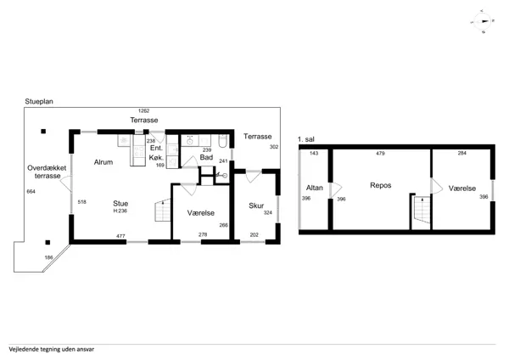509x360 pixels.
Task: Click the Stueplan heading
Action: click(39, 101)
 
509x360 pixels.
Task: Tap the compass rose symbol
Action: click(482, 21)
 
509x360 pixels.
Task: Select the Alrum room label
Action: click(103, 162)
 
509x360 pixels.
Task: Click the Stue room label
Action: click(120, 204)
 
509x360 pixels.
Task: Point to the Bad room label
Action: click(206, 157)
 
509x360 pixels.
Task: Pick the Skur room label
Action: click(256, 205)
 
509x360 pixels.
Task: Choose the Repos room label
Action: click(380, 185)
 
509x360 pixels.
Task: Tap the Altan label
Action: click(314, 188)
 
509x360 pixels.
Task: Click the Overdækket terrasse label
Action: click(47, 172)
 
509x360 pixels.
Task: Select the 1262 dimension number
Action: click(144, 110)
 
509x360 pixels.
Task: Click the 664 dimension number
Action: click(31, 192)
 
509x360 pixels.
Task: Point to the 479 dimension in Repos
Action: click(380, 154)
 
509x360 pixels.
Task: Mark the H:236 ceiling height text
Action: click(120, 211)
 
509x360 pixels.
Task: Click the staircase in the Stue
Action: click(163, 210)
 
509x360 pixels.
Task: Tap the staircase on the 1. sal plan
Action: click(422, 210)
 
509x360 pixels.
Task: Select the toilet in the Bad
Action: click(222, 141)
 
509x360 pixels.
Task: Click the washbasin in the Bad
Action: click(189, 141)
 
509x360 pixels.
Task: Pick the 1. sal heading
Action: click(305, 139)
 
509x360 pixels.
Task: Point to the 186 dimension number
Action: click(48, 257)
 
